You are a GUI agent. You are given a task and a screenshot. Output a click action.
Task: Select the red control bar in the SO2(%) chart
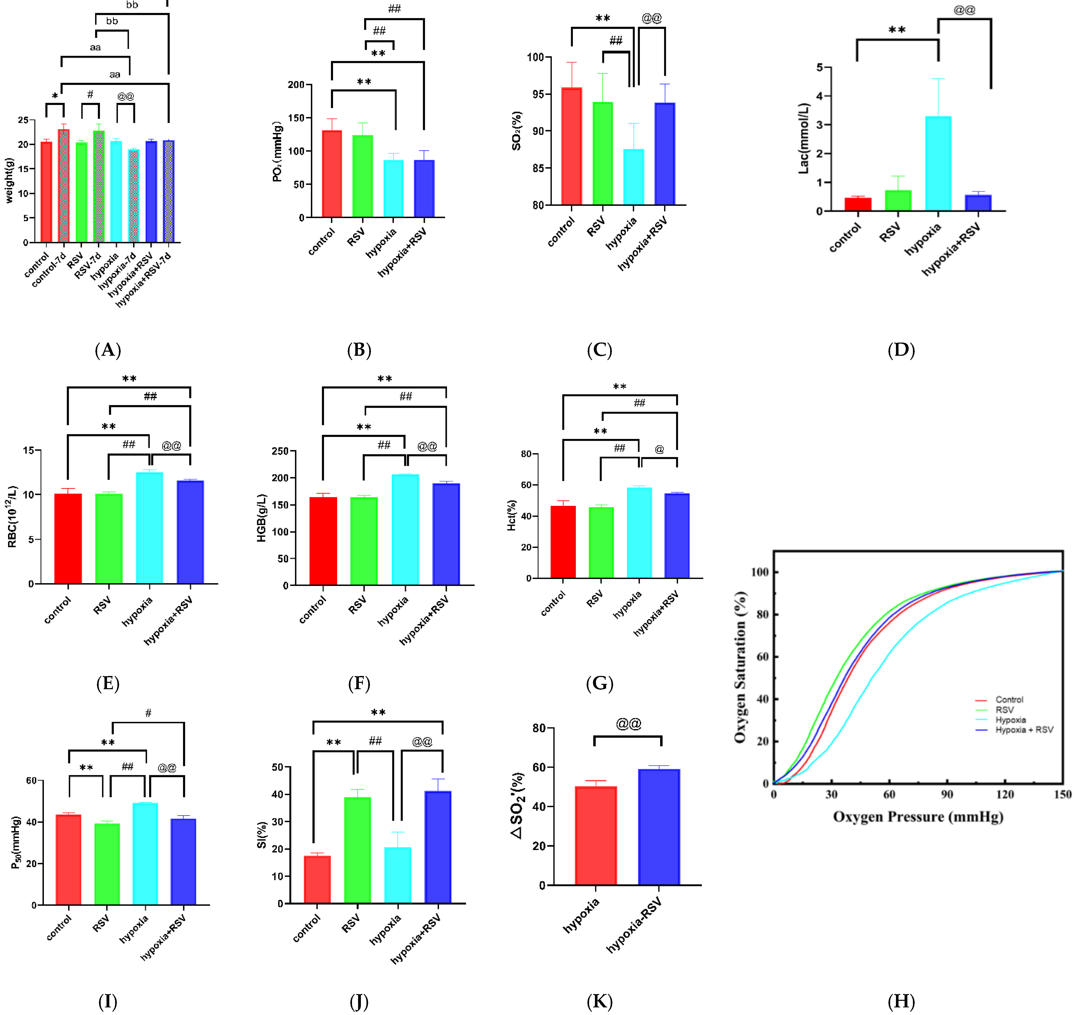point(571,146)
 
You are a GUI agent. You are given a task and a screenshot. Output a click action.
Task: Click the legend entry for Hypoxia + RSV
point(1024,730)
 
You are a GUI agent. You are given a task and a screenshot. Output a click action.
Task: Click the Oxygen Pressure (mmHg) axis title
point(918,817)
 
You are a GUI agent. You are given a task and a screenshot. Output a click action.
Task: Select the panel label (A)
point(108,350)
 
